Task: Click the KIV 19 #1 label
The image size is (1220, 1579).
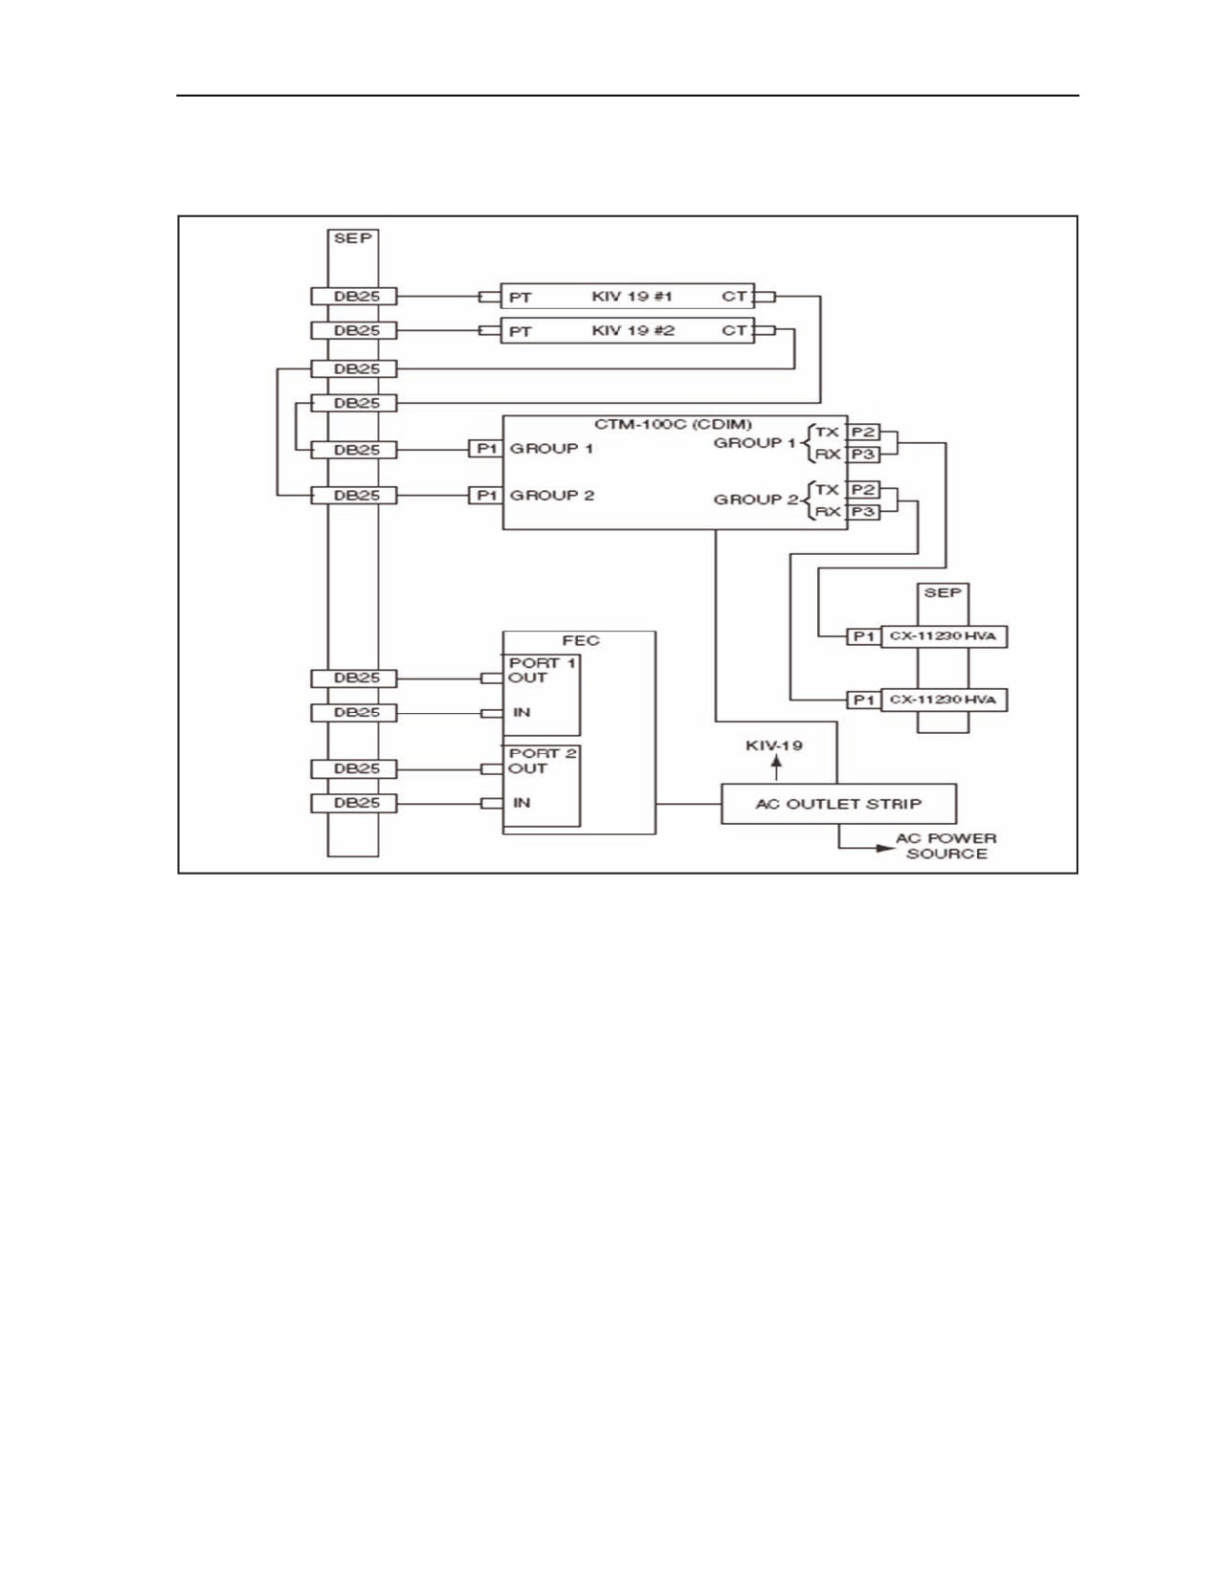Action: (632, 297)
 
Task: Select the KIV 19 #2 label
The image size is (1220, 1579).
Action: (632, 330)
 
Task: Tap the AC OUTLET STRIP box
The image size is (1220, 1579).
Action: (838, 804)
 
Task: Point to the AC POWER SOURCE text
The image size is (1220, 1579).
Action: (945, 846)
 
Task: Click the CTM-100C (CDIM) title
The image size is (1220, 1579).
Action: (673, 424)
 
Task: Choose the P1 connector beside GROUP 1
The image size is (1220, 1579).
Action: (486, 449)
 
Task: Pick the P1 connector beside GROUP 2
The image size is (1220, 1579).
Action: (486, 496)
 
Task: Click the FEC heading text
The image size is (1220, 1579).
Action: (581, 640)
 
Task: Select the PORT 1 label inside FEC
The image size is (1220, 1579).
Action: (542, 662)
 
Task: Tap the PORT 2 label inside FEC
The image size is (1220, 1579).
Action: (542, 753)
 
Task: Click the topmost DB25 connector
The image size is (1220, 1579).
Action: (354, 297)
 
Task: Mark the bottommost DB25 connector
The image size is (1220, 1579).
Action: (354, 803)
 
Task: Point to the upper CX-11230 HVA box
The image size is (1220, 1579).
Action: (943, 636)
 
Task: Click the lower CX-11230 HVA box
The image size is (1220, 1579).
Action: (943, 700)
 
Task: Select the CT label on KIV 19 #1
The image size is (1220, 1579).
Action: (734, 297)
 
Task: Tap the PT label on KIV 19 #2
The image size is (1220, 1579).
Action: (521, 332)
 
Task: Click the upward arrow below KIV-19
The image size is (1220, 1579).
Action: (776, 768)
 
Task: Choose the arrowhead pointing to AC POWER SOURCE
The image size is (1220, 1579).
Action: (886, 848)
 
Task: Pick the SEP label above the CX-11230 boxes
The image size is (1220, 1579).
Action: (943, 593)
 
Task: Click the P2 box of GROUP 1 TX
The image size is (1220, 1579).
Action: (863, 433)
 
